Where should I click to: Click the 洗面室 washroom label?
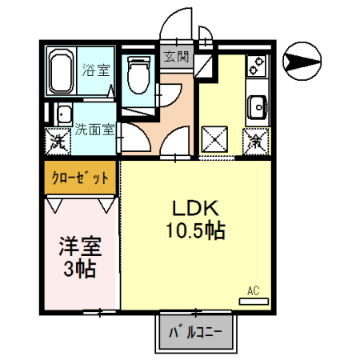(94, 129)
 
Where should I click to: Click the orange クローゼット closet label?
(78, 178)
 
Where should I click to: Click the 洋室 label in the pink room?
(78, 245)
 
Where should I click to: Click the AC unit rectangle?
(256, 302)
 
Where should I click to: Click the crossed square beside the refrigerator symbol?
(217, 142)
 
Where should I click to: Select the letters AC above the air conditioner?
(254, 290)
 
